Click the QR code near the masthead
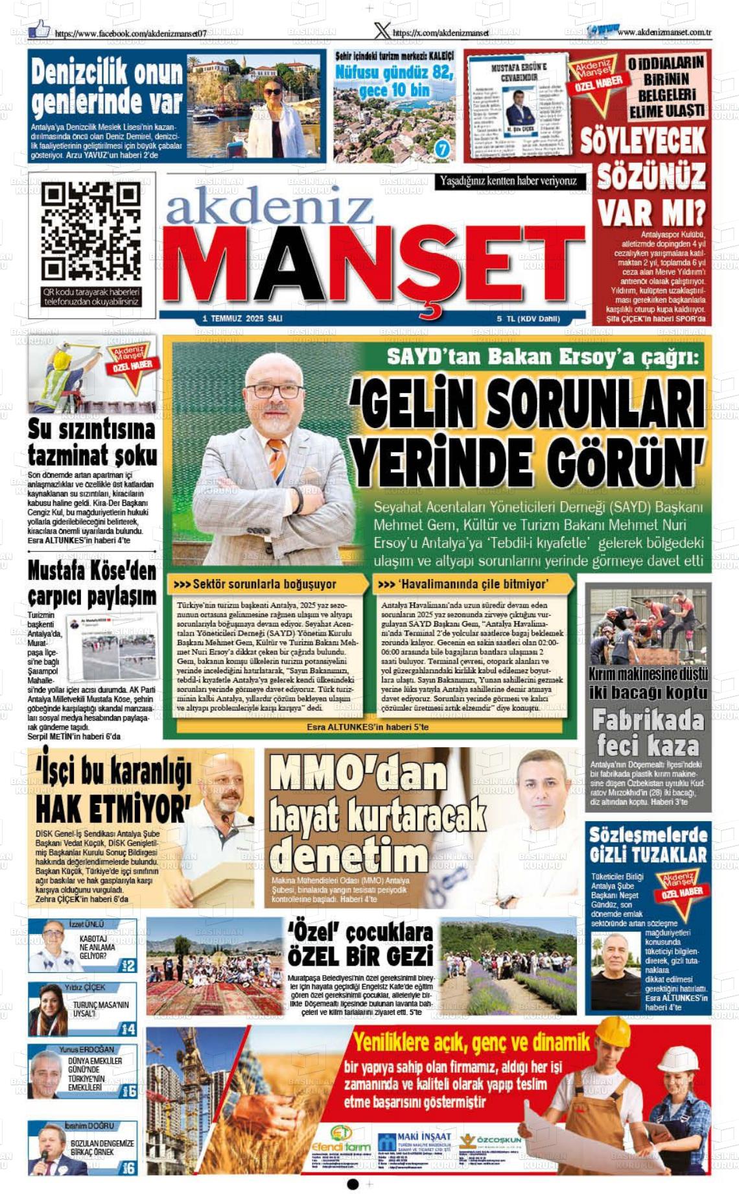(x=91, y=232)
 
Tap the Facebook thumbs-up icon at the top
(x=40, y=28)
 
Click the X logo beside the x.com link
(x=382, y=30)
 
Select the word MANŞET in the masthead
(x=373, y=265)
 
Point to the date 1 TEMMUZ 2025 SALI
(x=242, y=318)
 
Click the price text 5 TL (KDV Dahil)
(x=528, y=318)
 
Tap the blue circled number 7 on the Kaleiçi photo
(x=442, y=149)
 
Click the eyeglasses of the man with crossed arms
(x=274, y=390)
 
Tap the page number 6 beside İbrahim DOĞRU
(x=130, y=1168)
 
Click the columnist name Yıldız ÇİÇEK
(x=84, y=987)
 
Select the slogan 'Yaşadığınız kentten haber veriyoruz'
(x=508, y=181)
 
